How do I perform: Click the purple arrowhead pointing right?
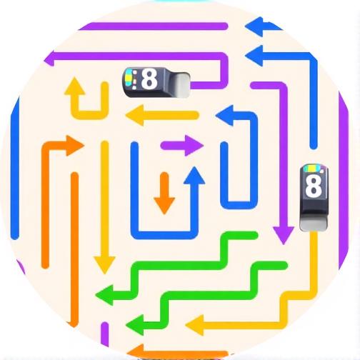point(194,146)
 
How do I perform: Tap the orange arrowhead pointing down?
point(164,206)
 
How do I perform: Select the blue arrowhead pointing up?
point(194,175)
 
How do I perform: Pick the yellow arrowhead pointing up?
point(75,86)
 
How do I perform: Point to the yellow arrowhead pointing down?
point(104,265)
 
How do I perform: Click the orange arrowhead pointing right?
point(75,146)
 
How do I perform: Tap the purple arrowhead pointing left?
point(49,59)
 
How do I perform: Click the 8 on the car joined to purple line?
point(149,79)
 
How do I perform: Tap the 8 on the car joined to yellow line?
point(313,186)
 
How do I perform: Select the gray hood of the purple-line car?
point(183,84)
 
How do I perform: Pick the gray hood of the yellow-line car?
point(314,224)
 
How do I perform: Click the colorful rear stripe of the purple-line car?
point(130,78)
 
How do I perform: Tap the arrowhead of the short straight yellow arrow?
point(135,115)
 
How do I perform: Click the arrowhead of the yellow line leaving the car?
point(195,325)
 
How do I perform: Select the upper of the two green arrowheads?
point(104,295)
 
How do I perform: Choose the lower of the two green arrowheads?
point(135,325)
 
